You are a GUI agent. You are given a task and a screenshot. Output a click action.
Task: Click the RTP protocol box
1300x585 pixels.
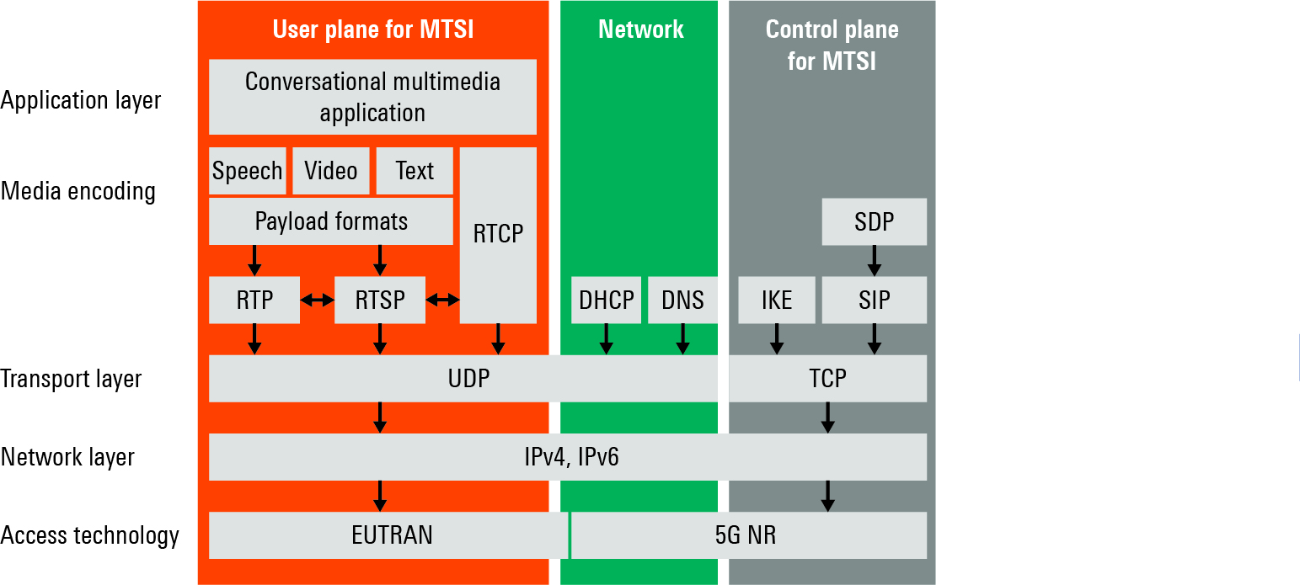(254, 300)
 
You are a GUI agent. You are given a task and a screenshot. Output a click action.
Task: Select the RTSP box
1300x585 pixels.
(380, 300)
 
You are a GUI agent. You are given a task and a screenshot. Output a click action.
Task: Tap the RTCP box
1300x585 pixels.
(498, 235)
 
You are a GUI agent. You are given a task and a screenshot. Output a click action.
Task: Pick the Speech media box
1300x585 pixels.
(247, 171)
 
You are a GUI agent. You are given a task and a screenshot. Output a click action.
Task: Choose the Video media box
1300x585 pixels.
(331, 171)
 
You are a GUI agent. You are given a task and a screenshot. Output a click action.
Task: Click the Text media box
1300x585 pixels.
(415, 171)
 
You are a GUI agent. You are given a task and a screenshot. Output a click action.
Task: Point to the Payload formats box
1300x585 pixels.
(331, 221)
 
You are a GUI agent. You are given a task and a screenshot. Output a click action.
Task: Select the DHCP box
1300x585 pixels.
(606, 300)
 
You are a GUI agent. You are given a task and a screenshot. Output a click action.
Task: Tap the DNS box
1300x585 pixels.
(682, 300)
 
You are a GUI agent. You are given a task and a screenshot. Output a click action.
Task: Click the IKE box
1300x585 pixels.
(777, 300)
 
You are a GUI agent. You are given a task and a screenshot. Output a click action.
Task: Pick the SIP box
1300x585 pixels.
(874, 300)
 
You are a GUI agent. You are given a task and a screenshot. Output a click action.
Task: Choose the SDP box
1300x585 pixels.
(874, 221)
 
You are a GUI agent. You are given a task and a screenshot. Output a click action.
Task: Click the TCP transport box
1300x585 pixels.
(827, 378)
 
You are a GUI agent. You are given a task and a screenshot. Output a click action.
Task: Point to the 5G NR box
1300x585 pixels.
(749, 535)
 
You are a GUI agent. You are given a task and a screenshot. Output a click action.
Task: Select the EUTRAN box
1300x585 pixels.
(388, 535)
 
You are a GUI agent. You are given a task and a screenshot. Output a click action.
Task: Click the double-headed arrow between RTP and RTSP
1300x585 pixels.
(318, 300)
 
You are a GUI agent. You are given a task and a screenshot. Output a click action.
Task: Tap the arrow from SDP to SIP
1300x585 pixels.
(874, 261)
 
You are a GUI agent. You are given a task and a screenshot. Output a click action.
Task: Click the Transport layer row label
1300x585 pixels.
(71, 379)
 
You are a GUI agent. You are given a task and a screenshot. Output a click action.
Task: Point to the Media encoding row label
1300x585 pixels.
(78, 191)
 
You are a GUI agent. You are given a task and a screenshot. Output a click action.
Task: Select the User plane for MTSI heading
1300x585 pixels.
(373, 29)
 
